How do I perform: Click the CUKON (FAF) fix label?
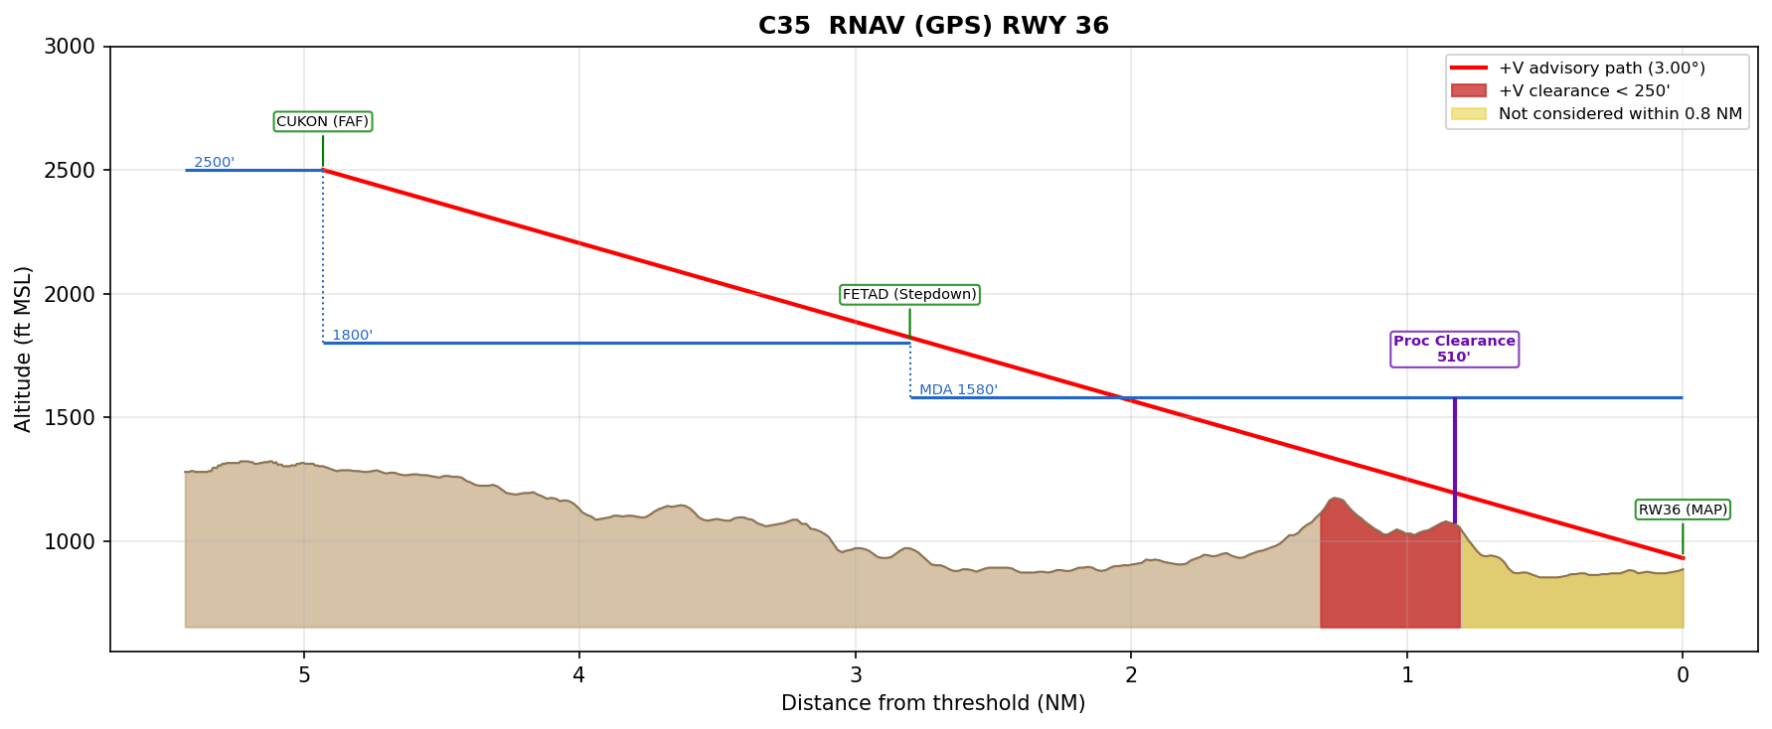point(322,121)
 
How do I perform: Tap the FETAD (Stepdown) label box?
point(909,294)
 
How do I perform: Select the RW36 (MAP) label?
point(1683,510)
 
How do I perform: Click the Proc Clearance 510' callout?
point(1454,349)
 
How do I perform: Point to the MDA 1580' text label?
point(957,389)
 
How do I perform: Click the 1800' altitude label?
point(352,335)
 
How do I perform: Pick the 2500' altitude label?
point(214,162)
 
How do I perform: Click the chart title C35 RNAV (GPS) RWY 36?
point(933,26)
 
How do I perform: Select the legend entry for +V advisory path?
point(1601,68)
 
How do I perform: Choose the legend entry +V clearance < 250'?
point(1583,90)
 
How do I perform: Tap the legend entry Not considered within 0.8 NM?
point(1620,113)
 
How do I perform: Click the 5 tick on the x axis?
point(304,675)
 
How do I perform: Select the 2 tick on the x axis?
point(1131,675)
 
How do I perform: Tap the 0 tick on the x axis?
point(1683,675)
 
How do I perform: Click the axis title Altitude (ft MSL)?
point(24,349)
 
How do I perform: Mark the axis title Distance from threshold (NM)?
point(933,703)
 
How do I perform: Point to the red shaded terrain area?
point(1389,576)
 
